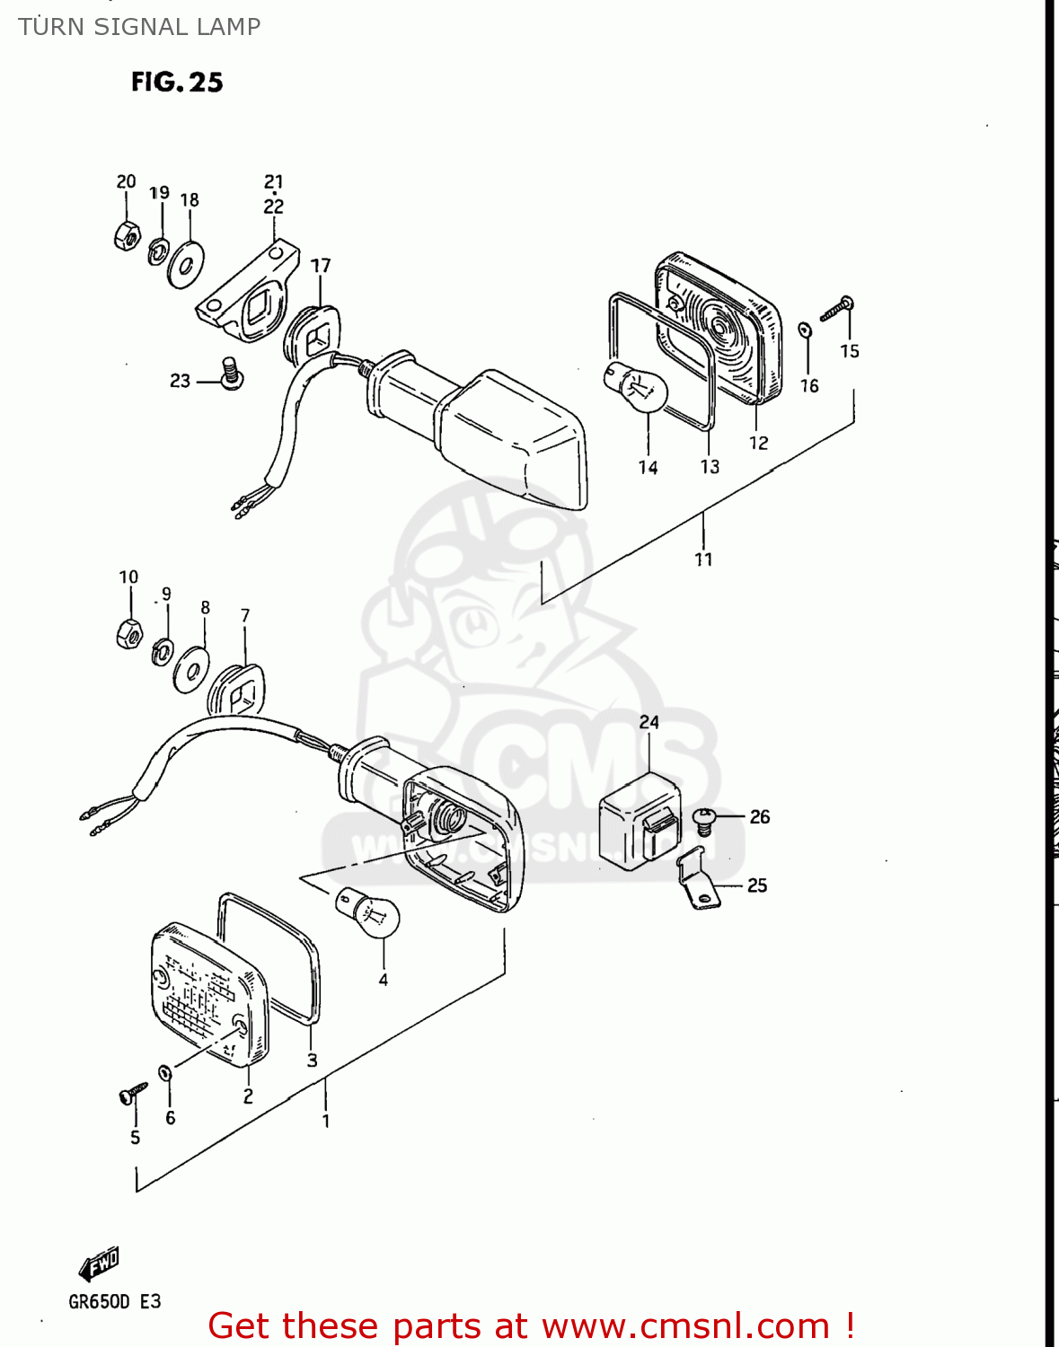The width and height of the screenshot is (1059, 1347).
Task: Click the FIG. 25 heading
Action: click(177, 83)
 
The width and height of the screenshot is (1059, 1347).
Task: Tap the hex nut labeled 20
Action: click(127, 235)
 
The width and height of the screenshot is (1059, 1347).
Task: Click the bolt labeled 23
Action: click(232, 374)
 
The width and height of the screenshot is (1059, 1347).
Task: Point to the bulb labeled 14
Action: click(636, 387)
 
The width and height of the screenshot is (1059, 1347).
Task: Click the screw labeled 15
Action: click(837, 309)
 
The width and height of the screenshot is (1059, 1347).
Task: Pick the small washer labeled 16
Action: click(805, 330)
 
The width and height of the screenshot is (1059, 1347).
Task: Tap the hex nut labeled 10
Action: click(129, 634)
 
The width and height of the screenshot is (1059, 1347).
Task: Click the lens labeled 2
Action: click(208, 995)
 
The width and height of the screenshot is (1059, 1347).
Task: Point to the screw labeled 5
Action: click(133, 1094)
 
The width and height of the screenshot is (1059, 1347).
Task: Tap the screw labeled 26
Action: click(705, 820)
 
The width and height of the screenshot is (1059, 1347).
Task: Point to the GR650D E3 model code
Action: click(114, 1302)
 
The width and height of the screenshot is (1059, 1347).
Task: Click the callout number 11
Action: click(703, 559)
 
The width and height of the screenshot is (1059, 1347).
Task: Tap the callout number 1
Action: click(326, 1121)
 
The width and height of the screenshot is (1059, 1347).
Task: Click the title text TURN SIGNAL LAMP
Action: click(139, 27)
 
